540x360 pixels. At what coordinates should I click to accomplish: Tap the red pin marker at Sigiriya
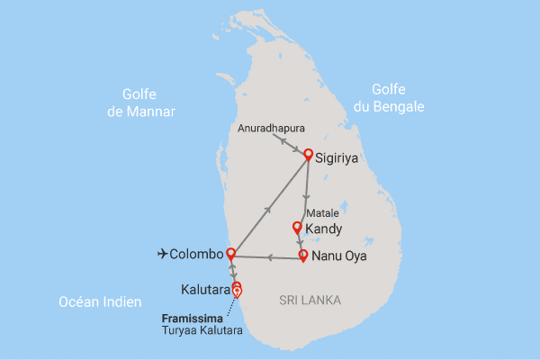308,154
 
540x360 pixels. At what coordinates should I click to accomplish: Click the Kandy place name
323,230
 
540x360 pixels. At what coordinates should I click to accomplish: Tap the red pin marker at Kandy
298,228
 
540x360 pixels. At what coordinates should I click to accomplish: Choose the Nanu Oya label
340,256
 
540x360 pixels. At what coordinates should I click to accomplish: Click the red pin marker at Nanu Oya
303,255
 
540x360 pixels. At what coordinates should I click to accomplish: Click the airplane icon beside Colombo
163,255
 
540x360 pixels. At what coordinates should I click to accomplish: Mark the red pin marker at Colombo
231,252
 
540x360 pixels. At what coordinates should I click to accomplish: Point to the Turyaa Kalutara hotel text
203,331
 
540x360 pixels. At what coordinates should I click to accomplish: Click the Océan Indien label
99,302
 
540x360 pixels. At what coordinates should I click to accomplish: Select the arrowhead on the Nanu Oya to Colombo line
267,257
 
